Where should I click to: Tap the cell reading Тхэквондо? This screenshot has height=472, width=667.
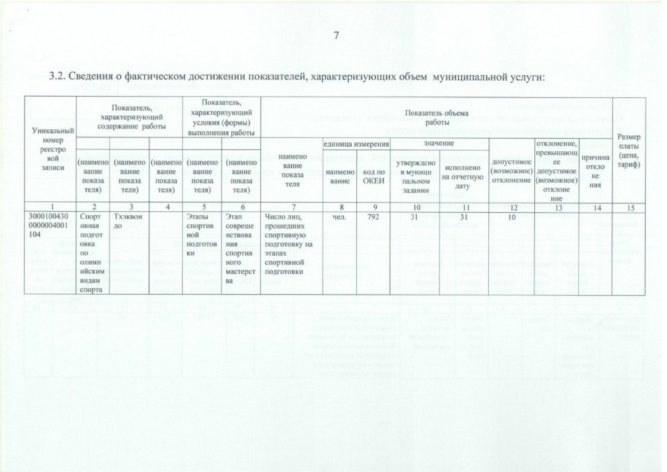click(x=125, y=221)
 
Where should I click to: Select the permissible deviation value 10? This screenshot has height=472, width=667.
click(x=512, y=216)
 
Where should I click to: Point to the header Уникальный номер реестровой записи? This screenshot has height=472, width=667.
click(x=50, y=151)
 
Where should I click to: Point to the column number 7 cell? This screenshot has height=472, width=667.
click(x=291, y=207)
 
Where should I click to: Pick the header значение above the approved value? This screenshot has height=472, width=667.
click(x=438, y=144)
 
